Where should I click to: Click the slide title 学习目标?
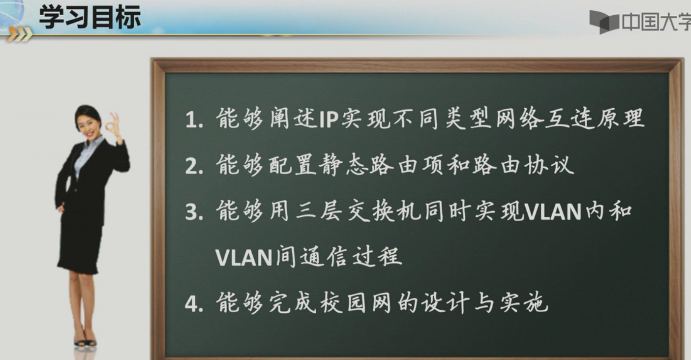pyautogui.click(x=90, y=17)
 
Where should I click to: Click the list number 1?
pyautogui.click(x=193, y=120)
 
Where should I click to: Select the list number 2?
pyautogui.click(x=193, y=167)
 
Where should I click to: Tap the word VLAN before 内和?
pyautogui.click(x=554, y=212)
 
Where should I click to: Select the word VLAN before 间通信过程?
pyautogui.click(x=244, y=257)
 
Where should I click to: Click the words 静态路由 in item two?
pyautogui.click(x=360, y=166)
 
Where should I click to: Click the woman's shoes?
pyautogui.click(x=85, y=341)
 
